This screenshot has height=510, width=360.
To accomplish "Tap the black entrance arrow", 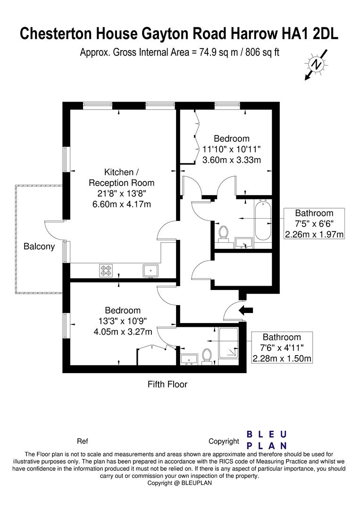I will pyautogui.click(x=246, y=310).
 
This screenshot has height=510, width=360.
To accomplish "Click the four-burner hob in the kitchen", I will pyautogui.click(x=106, y=270).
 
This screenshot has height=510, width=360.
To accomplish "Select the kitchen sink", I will pyautogui.click(x=151, y=270).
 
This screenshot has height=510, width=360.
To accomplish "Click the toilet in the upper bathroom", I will pyautogui.click(x=223, y=233).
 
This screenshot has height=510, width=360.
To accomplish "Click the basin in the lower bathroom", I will pyautogui.click(x=190, y=359).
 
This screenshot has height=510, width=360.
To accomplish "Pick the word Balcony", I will pyautogui.click(x=40, y=246).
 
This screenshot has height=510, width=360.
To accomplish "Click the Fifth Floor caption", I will pyautogui.click(x=167, y=384).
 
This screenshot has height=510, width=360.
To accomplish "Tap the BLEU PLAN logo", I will pyautogui.click(x=267, y=440).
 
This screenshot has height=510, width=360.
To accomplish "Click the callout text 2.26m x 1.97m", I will pyautogui.click(x=314, y=234).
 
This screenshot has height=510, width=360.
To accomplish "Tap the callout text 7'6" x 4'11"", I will pyautogui.click(x=282, y=348).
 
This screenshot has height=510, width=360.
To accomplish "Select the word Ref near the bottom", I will pyautogui.click(x=82, y=442).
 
